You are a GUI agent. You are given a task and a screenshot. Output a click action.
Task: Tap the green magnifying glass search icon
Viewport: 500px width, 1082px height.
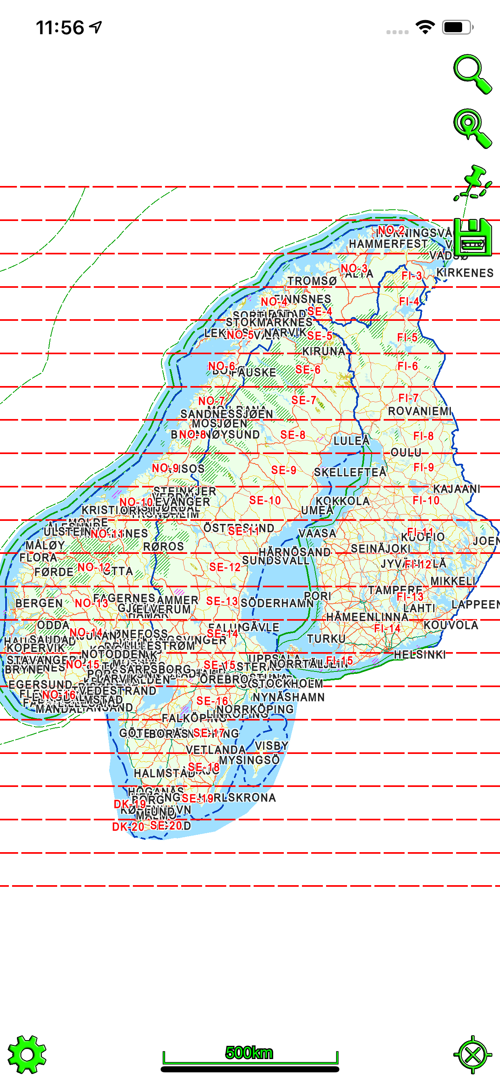coord(472,74)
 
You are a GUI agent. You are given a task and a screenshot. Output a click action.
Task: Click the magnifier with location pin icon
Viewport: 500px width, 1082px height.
coord(472,128)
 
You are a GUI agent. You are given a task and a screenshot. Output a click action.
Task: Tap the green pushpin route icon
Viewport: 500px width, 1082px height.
coord(473,183)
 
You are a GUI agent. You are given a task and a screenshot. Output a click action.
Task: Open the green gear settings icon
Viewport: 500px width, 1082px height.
coord(27,1054)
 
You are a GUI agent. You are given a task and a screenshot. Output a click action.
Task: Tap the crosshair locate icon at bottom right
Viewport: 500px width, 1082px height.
coord(473,1054)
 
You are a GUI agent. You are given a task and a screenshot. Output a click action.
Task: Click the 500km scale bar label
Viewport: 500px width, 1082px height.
coord(249,1052)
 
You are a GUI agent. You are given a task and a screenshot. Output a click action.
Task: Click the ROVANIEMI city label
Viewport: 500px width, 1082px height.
coord(419,411)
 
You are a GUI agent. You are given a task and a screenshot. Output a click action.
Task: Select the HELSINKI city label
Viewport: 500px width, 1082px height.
coord(419,655)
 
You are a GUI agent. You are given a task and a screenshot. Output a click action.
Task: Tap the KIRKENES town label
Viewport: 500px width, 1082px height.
coord(465,273)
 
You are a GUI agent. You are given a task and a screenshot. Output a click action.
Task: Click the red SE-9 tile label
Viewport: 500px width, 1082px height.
coord(283,470)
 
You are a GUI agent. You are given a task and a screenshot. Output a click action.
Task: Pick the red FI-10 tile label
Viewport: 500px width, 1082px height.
coord(426,500)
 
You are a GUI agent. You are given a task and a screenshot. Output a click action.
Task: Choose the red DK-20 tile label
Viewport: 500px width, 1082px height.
coord(128,827)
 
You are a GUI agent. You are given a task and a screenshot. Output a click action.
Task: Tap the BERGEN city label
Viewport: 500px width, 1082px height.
coord(39,603)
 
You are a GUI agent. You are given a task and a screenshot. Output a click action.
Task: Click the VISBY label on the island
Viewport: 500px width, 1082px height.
coord(271,746)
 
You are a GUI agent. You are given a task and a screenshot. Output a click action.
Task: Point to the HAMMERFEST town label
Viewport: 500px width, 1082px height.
coord(388,244)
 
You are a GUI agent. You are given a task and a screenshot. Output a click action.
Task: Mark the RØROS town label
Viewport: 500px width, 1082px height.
coord(163,547)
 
